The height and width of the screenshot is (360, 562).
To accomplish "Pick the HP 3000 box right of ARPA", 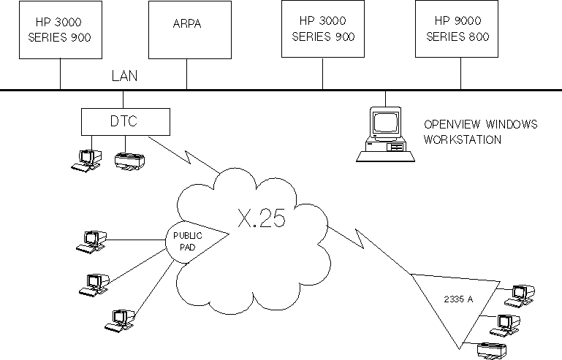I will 322,30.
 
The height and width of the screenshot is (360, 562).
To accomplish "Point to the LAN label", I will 124,76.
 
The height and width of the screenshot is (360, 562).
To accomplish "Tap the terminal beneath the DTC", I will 87,160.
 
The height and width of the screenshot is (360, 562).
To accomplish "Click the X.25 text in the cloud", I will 262,218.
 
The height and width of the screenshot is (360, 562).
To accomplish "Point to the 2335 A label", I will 458,297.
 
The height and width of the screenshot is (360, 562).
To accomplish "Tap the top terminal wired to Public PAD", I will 93,242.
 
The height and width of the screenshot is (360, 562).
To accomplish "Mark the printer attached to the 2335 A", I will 490,351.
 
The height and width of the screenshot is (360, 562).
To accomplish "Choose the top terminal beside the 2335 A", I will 523,293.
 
